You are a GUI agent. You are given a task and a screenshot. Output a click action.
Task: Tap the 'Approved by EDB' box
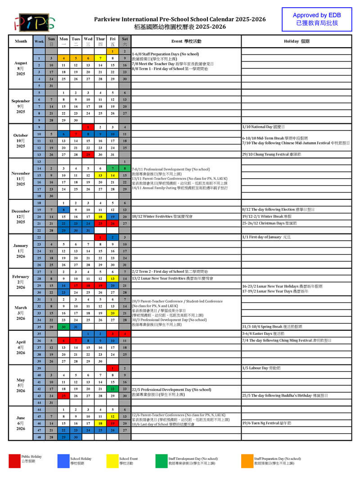pos(317,19)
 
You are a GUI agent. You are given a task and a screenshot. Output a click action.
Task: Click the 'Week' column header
pos(39,41)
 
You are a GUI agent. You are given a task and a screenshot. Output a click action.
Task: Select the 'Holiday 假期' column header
pos(296,41)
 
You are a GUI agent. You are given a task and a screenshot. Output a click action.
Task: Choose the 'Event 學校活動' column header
pos(186,41)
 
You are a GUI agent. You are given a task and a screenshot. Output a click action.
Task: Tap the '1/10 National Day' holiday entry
pos(263,127)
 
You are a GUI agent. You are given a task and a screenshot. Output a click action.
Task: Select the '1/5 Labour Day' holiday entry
pos(261,368)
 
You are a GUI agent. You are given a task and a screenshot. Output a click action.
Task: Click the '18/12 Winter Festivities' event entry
pos(162,216)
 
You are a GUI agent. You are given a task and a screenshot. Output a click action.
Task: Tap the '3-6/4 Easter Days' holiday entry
pos(263,334)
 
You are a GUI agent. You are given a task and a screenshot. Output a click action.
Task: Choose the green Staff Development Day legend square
pos(161,461)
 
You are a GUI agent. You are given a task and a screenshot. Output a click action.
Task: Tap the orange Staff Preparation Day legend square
pos(247,461)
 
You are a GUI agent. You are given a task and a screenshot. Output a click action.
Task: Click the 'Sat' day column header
pos(125,41)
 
